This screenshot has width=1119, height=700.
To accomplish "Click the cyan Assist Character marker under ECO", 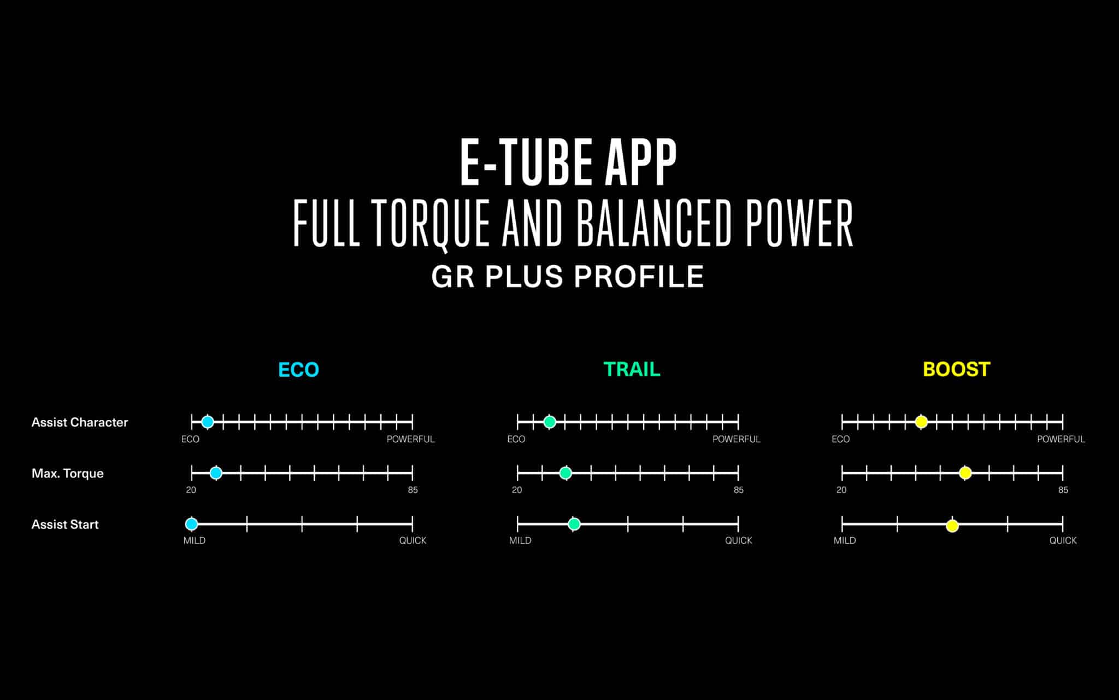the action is (208, 422).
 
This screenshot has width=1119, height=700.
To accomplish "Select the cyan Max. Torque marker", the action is (216, 473).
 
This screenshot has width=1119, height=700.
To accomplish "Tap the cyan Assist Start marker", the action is (191, 524).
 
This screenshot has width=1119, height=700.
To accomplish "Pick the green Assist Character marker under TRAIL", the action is (550, 422).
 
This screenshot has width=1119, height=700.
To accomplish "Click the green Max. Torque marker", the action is (566, 473).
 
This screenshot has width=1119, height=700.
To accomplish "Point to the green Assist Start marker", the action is (574, 524).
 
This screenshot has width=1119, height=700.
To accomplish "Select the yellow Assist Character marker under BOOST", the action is (921, 422).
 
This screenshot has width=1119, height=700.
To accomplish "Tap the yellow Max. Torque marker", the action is (965, 473).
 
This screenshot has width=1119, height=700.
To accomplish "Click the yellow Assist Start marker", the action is (952, 526).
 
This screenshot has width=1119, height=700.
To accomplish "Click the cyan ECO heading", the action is (298, 370).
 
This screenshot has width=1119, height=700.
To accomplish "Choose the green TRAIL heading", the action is (632, 370).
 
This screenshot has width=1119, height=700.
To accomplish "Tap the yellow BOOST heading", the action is (956, 370).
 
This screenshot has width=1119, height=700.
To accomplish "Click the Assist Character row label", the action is (80, 422).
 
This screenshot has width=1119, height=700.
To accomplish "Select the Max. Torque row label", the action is (68, 474).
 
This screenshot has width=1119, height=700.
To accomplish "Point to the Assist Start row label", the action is (65, 524).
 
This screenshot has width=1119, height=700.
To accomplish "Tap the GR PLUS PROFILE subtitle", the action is (568, 276).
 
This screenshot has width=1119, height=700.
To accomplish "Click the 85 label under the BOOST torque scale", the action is (1063, 490).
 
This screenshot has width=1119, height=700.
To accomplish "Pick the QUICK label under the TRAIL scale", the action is (739, 540).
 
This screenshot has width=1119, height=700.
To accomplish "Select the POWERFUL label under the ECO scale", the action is (411, 439).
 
